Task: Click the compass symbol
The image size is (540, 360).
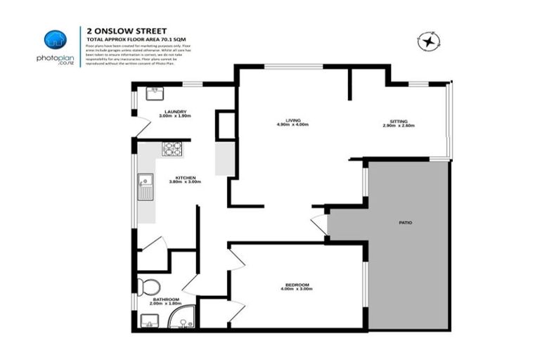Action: pos(428,42)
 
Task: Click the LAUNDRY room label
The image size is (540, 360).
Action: pos(174,112)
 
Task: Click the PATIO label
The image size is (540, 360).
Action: pos(405,223)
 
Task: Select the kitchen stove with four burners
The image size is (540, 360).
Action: pos(172,149)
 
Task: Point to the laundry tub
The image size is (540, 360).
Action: pos(154,94)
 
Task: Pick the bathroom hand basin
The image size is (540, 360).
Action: pos(148,322)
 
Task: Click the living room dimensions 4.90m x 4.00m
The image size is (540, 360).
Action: pos(292,126)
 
